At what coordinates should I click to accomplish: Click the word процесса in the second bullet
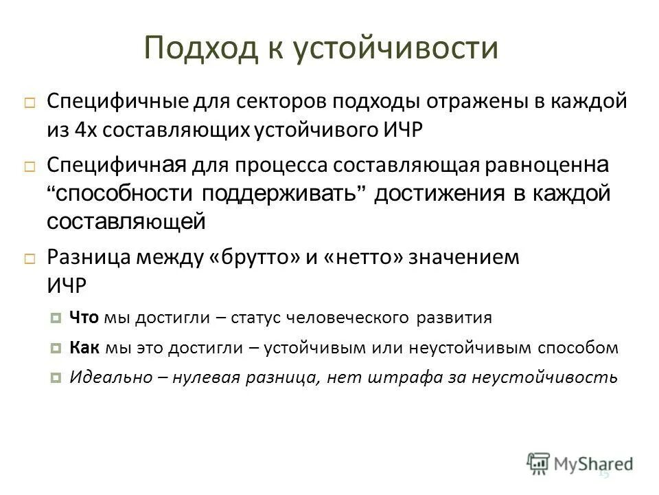click(271, 166)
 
